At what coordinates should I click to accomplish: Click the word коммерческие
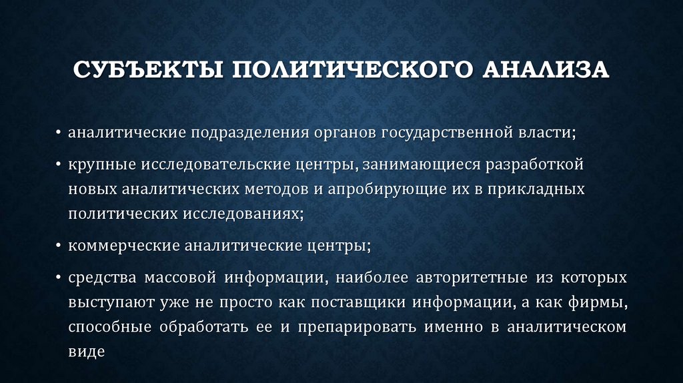(x=114, y=246)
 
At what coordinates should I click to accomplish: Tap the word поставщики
(x=348, y=302)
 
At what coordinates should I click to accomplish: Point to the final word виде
(x=87, y=352)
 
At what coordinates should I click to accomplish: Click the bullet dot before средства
(x=59, y=277)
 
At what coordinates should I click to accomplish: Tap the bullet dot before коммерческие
(x=59, y=246)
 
